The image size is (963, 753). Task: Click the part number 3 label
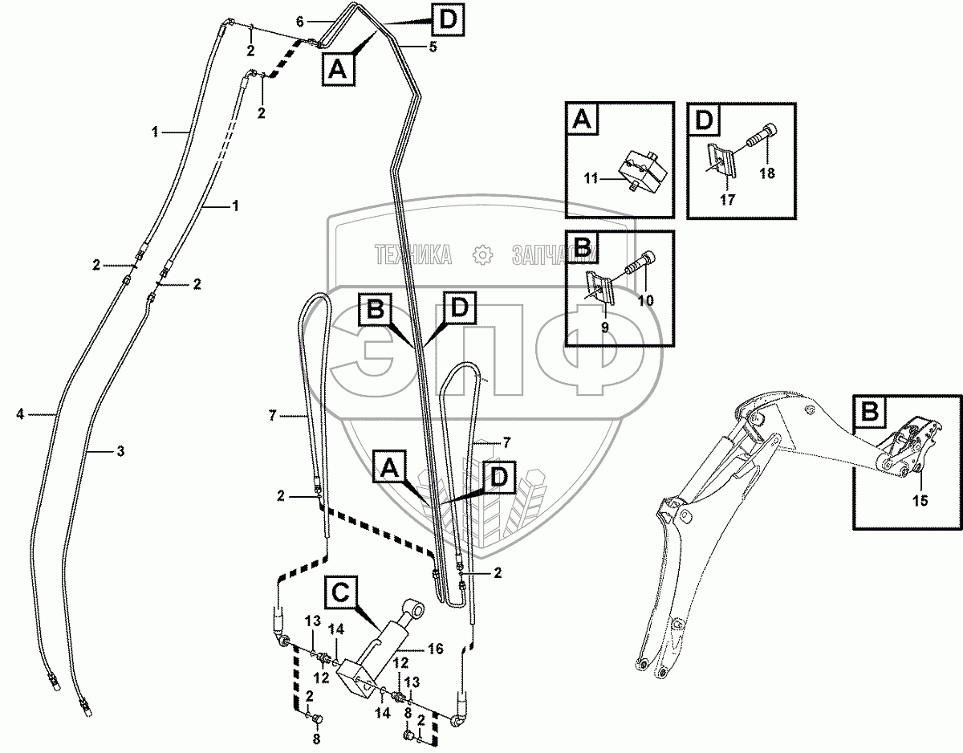pyautogui.click(x=120, y=452)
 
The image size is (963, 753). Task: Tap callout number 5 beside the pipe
pyautogui.click(x=433, y=47)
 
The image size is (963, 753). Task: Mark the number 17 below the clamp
pyautogui.click(x=727, y=201)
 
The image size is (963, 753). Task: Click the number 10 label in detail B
pyautogui.click(x=645, y=300)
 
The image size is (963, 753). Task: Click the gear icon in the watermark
pyautogui.click(x=482, y=255)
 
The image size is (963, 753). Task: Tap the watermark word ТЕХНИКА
pyautogui.click(x=412, y=255)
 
